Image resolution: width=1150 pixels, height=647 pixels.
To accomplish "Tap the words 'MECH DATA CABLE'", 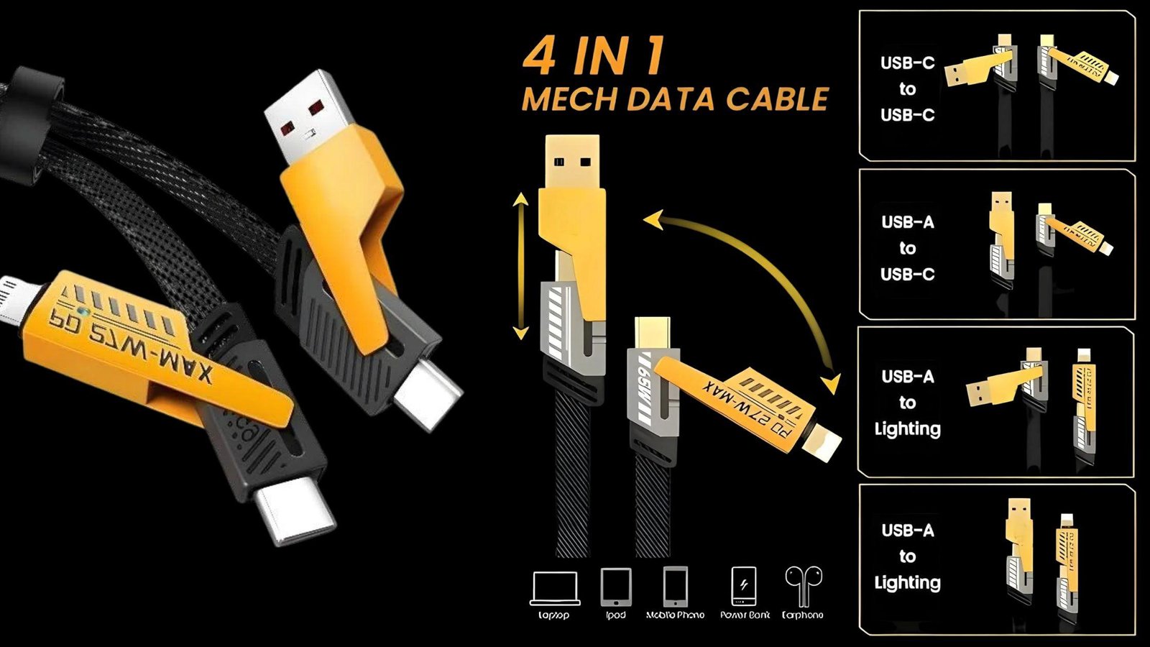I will (x=674, y=99).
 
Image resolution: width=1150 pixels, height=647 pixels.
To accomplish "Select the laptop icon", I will (x=554, y=589).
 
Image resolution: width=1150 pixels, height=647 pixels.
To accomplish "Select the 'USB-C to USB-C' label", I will (x=907, y=88).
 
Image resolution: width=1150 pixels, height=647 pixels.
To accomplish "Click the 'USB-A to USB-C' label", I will (x=907, y=248).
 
